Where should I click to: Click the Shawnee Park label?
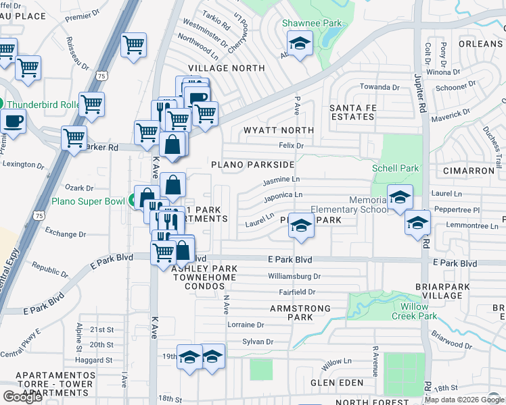(312, 23)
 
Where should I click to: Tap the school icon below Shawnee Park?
(298, 45)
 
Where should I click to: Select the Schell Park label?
(396, 168)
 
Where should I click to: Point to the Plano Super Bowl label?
(88, 201)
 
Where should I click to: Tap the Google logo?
(22, 396)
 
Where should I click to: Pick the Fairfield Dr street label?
(298, 292)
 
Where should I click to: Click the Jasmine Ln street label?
(281, 180)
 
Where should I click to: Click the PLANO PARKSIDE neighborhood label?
(252, 165)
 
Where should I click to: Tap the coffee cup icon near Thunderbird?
(13, 121)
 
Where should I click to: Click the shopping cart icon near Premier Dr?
(133, 45)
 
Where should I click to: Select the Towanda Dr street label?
(379, 87)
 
